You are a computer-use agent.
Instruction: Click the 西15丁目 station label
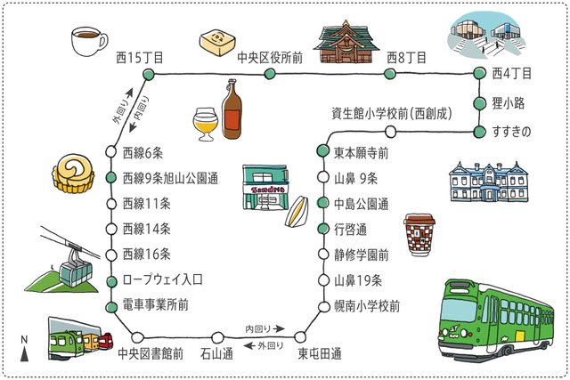140,57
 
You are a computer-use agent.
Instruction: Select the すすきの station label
510,133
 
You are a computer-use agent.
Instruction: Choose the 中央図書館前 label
151,353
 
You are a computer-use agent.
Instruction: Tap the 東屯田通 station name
320,353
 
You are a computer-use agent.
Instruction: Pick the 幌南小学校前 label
366,305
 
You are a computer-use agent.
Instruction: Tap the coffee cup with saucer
87,40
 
